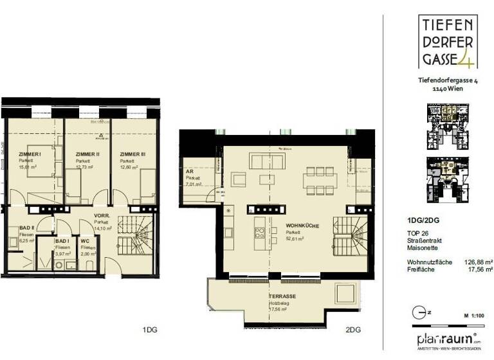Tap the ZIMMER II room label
coord(87,154)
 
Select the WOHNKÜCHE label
coord(300,226)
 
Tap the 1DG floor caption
coord(150,329)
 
